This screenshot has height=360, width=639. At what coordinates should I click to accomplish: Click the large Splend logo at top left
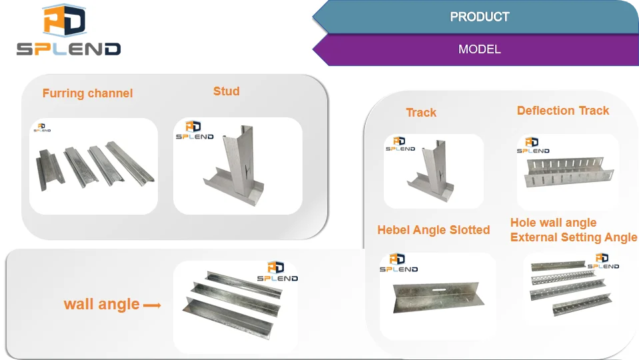click(69, 31)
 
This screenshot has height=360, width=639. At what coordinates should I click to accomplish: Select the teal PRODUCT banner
click(479, 17)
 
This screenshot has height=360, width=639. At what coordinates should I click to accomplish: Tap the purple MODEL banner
click(479, 49)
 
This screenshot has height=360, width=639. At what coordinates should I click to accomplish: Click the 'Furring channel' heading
click(87, 93)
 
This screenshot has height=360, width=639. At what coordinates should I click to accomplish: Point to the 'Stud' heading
click(226, 91)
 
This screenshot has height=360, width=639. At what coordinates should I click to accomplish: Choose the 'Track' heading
click(421, 113)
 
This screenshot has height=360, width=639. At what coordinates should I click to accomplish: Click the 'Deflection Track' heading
click(563, 111)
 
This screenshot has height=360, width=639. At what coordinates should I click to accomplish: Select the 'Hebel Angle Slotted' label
click(433, 230)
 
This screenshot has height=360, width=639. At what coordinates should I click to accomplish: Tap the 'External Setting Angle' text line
click(574, 237)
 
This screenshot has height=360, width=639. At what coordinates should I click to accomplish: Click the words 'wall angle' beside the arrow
click(101, 305)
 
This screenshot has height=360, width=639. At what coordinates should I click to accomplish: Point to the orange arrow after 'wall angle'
click(153, 306)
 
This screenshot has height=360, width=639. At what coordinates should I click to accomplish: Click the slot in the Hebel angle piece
click(434, 290)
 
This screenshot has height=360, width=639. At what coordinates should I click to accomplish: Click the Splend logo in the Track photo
click(400, 144)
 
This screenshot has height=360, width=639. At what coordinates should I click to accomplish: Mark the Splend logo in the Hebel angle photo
click(398, 263)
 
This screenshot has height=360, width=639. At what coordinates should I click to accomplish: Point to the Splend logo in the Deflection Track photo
click(532, 145)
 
